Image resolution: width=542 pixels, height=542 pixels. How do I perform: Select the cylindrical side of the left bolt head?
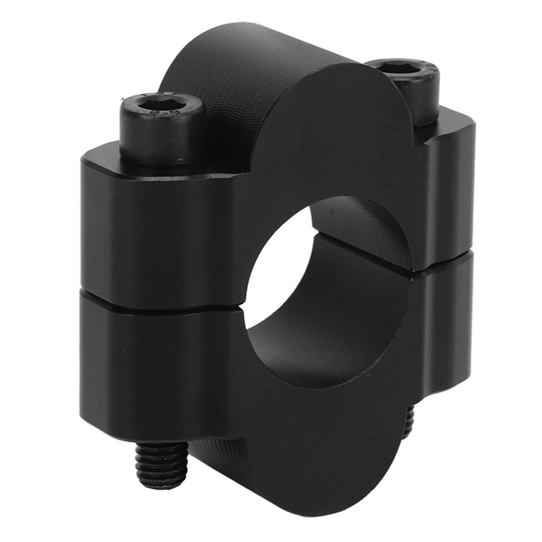(159, 140)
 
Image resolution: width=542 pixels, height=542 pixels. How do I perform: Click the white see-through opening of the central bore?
(275, 270)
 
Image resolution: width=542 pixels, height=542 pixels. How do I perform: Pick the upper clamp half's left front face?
(159, 233)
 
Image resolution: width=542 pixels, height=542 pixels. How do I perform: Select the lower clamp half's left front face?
(159, 365)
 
